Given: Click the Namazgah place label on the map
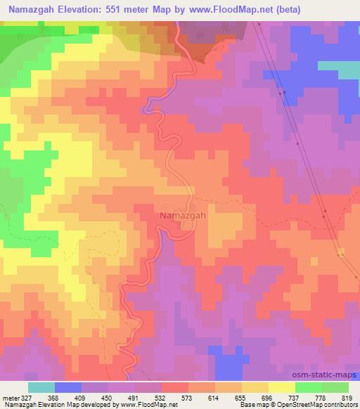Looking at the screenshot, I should tap(183, 216).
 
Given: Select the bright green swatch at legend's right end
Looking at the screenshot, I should tap(335, 387).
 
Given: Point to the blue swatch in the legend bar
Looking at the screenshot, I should tap(68, 387).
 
